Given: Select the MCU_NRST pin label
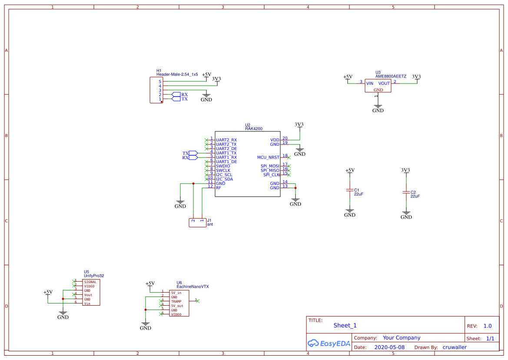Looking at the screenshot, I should pyautogui.click(x=268, y=157).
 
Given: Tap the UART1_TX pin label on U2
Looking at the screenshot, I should pyautogui.click(x=226, y=153).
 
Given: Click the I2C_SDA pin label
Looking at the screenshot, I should pyautogui.click(x=224, y=179).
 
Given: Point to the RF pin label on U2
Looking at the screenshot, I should pyautogui.click(x=219, y=188).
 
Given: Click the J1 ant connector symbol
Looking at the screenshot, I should pyautogui.click(x=197, y=223).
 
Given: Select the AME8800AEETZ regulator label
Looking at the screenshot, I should pyautogui.click(x=391, y=76).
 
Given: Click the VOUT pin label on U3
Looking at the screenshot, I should pyautogui.click(x=384, y=83).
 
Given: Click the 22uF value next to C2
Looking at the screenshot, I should pyautogui.click(x=415, y=196).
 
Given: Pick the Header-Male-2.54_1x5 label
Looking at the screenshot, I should pyautogui.click(x=177, y=75).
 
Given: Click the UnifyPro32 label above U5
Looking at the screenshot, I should pyautogui.click(x=94, y=276).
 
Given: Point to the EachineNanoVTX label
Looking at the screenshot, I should pyautogui.click(x=193, y=287).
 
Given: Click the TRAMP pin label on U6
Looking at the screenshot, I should pyautogui.click(x=176, y=301).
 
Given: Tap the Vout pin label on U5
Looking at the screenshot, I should pyautogui.click(x=88, y=295).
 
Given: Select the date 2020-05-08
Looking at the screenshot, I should pyautogui.click(x=389, y=347).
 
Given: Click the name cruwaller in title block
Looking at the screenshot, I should pyautogui.click(x=455, y=347).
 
